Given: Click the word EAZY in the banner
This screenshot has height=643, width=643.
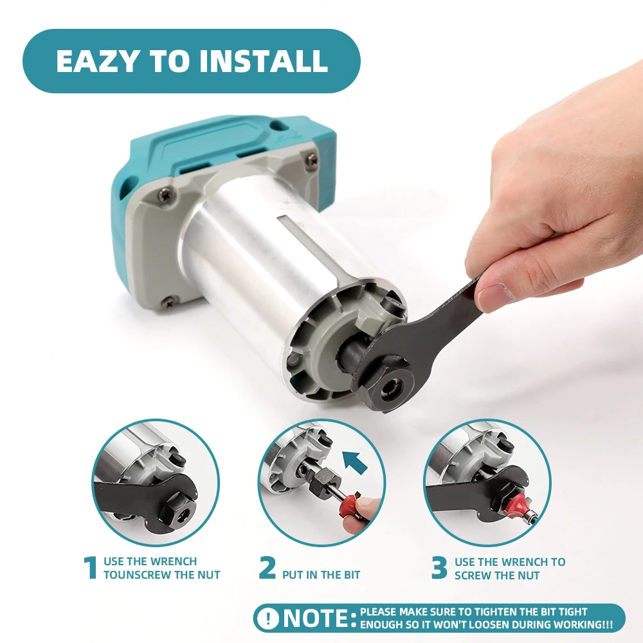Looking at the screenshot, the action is (97, 61).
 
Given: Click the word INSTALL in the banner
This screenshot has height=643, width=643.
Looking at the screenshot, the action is (264, 61).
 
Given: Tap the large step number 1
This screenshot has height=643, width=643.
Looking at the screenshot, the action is (91, 568).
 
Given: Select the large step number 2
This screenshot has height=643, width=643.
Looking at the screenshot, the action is (267, 568).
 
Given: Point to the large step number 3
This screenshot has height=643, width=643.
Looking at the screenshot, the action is (439, 568).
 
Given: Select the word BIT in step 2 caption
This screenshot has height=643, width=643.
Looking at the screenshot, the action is (352, 575).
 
